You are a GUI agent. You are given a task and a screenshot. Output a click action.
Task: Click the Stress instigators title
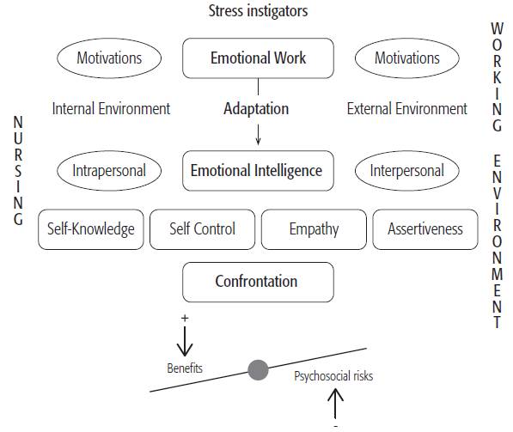click(257, 11)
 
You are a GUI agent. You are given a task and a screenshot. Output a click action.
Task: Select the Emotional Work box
click(258, 59)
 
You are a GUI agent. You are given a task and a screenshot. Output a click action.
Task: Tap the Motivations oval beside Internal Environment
click(109, 59)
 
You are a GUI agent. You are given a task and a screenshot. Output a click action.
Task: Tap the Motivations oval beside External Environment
click(407, 59)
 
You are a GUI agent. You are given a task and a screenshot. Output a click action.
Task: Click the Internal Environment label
click(111, 109)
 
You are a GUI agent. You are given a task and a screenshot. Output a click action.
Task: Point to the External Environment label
click(407, 109)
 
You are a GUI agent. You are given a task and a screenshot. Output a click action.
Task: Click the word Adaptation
click(256, 109)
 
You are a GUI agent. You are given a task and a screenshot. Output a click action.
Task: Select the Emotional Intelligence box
click(257, 170)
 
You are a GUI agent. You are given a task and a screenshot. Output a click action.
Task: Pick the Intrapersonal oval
click(109, 170)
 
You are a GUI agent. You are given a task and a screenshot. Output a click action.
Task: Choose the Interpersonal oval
click(407, 170)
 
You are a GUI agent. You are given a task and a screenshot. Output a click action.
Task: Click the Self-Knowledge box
click(91, 229)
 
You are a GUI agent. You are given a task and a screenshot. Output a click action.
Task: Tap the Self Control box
click(201, 229)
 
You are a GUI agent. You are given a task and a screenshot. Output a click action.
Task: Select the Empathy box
click(313, 229)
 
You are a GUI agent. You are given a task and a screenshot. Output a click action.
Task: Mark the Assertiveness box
click(424, 229)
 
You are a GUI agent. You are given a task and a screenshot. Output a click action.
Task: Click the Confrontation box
click(257, 282)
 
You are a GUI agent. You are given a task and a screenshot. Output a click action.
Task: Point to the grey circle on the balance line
click(258, 370)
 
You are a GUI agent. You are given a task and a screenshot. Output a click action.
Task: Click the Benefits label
click(185, 368)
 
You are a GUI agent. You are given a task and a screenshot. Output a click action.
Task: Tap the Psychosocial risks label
click(333, 376)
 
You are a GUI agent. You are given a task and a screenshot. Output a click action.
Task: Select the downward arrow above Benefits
click(185, 343)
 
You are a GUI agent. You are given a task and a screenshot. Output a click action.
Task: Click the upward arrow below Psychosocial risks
click(335, 404)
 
